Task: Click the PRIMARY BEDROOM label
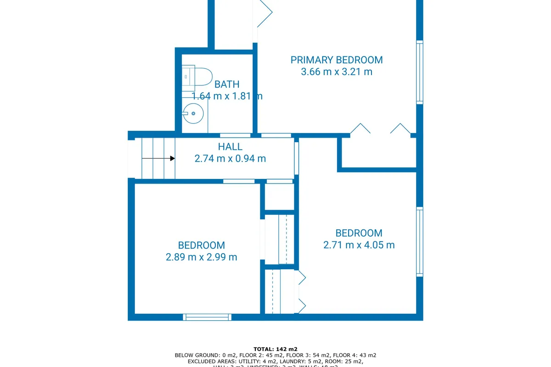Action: click(337, 60)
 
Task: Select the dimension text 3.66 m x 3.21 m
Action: click(337, 72)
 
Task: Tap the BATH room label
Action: click(227, 84)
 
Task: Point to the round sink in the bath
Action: click(193, 113)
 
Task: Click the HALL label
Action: click(230, 147)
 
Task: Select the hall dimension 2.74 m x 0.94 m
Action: click(230, 159)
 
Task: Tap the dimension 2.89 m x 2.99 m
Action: click(201, 257)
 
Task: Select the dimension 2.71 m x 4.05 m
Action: click(359, 245)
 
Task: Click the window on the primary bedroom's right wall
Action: click(419, 72)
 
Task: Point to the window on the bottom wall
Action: click(207, 317)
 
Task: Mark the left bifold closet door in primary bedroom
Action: click(360, 128)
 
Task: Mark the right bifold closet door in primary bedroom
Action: click(400, 128)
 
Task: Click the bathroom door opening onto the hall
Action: click(235, 135)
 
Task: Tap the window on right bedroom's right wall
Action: click(419, 241)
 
